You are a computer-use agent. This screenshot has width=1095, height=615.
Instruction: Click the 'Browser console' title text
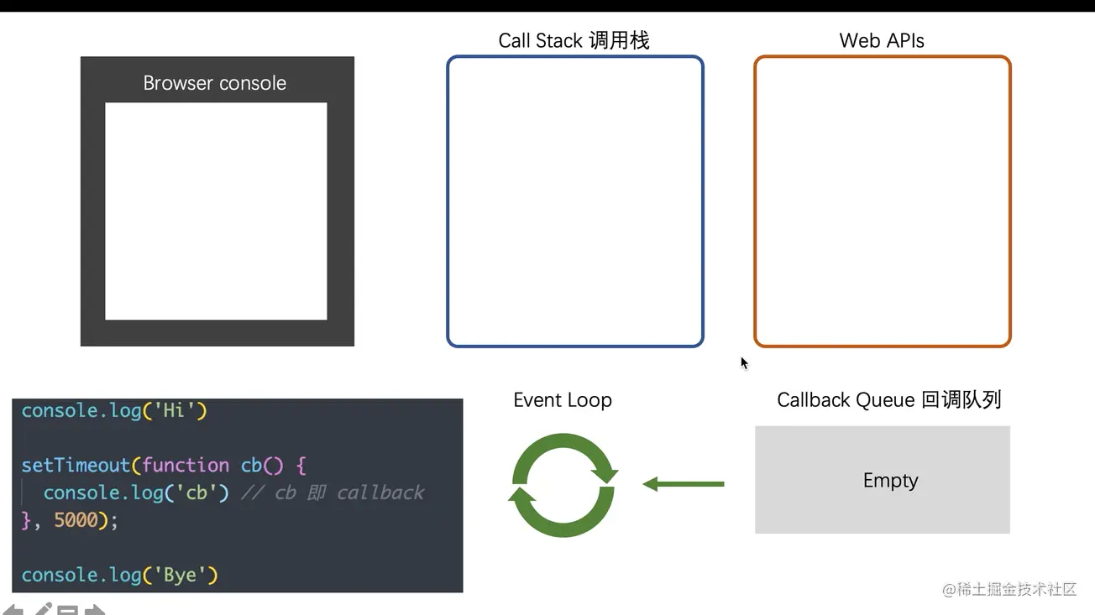(x=214, y=83)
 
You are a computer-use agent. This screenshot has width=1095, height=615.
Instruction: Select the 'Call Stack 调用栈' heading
(x=574, y=40)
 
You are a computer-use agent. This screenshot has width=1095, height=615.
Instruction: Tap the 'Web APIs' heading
(x=881, y=40)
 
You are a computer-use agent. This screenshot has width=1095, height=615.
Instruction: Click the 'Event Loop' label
(x=562, y=400)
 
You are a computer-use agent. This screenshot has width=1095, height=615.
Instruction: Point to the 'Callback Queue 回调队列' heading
(x=888, y=400)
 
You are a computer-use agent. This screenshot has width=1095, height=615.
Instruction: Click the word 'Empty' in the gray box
(x=890, y=481)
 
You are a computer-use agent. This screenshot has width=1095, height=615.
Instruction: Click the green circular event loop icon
(x=563, y=485)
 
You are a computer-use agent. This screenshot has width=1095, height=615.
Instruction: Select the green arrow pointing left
(x=683, y=484)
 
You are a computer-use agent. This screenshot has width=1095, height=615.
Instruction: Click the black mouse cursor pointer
(x=744, y=362)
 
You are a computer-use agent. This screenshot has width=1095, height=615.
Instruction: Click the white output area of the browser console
(x=216, y=211)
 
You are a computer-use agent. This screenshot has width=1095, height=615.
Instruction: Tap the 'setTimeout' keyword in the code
(x=76, y=465)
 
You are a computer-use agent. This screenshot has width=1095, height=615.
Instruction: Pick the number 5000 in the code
(x=76, y=520)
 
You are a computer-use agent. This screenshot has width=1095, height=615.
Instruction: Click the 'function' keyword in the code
(x=186, y=465)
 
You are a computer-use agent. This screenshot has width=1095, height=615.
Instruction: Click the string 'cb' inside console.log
(x=196, y=493)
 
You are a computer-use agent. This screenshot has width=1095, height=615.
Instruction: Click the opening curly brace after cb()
(x=301, y=465)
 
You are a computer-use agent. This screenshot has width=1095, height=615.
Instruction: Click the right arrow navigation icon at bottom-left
(x=95, y=610)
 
